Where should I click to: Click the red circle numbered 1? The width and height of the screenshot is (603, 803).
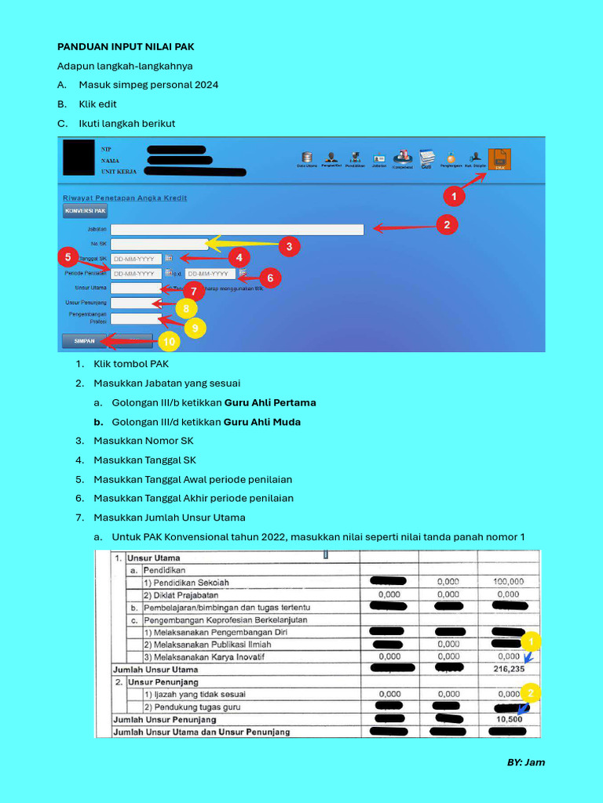[452, 195]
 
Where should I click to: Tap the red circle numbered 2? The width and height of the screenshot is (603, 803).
[447, 225]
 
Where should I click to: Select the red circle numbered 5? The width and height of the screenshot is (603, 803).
[68, 256]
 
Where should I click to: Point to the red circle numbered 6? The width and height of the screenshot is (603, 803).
[269, 278]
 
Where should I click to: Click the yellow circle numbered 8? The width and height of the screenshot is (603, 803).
[185, 309]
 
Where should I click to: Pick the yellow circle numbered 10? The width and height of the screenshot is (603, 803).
[168, 342]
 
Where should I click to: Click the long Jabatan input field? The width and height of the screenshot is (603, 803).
[237, 230]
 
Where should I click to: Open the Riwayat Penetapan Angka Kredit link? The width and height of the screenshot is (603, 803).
[125, 198]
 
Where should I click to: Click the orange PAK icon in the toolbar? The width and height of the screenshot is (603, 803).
[499, 159]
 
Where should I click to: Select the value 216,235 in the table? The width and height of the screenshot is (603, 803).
[508, 670]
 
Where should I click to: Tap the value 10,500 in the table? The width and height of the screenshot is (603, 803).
[508, 719]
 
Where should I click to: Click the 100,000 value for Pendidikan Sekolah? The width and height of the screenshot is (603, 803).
[508, 582]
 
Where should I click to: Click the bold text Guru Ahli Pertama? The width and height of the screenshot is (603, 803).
[270, 403]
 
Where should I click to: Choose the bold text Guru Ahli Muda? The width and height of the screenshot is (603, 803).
[262, 422]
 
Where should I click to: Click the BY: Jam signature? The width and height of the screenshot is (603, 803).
[525, 762]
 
